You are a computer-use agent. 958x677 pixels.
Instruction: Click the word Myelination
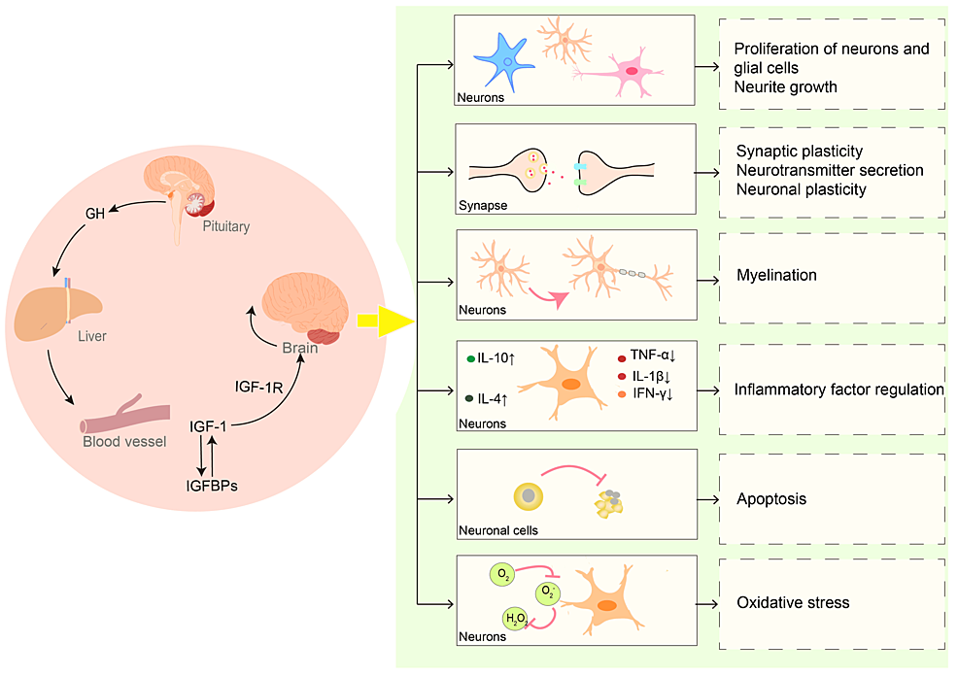[x=775, y=275]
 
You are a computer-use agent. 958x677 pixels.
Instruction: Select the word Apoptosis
[x=771, y=499]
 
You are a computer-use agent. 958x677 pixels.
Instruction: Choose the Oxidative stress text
[x=792, y=603]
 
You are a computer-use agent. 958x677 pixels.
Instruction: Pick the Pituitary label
[x=226, y=227]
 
